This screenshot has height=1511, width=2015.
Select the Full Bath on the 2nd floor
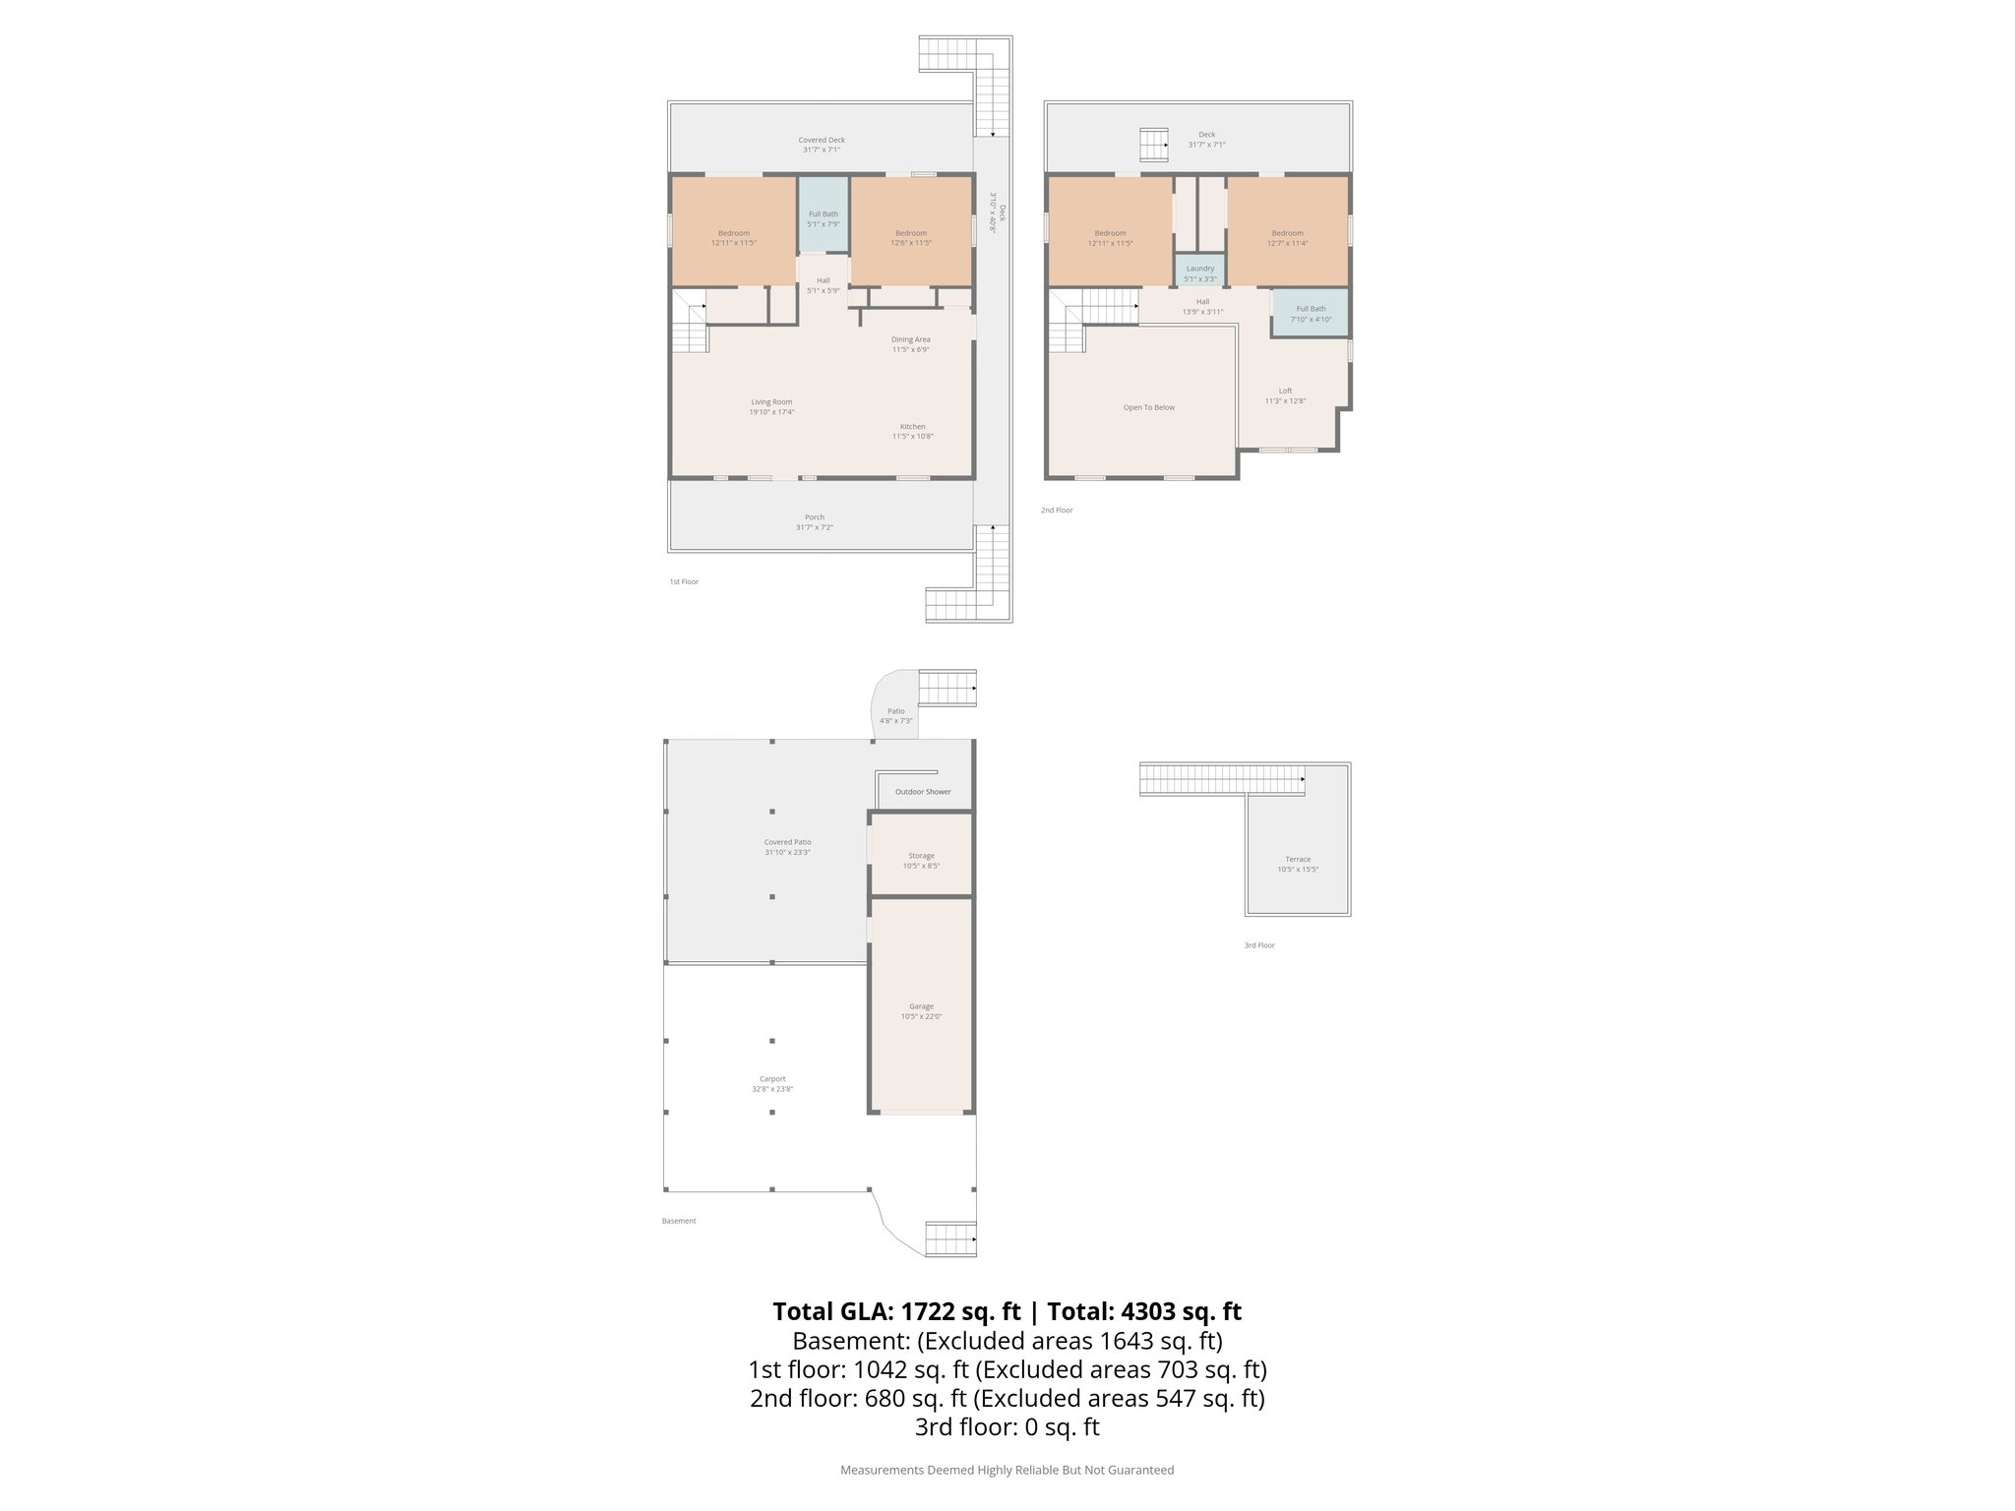click(x=1311, y=313)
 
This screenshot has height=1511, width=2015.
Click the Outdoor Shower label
click(x=923, y=792)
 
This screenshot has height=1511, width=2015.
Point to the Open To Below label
click(x=1149, y=407)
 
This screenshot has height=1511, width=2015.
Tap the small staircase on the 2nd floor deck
click(x=1154, y=145)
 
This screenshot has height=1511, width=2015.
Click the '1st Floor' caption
click(x=684, y=582)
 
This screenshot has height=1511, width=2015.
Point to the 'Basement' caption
click(x=679, y=1221)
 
